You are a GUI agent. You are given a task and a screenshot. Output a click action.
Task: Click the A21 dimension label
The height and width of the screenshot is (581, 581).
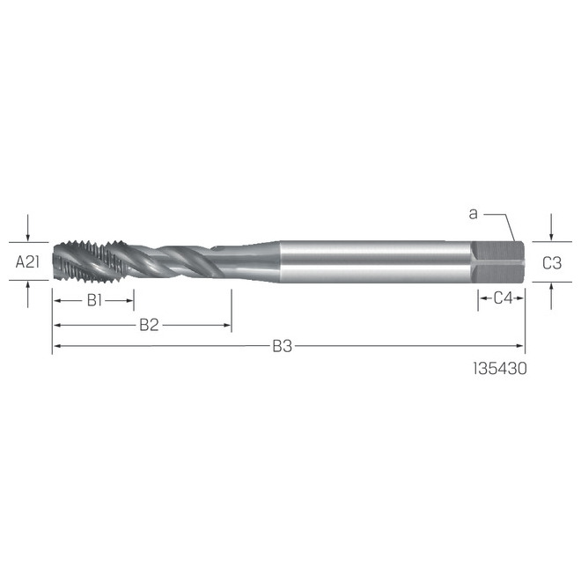(30, 261)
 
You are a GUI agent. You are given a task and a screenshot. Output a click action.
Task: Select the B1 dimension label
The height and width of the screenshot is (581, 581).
(95, 299)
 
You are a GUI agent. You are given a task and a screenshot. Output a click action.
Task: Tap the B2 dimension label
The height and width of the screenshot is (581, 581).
(149, 325)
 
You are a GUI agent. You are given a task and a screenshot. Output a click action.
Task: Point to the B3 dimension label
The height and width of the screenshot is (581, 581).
(281, 347)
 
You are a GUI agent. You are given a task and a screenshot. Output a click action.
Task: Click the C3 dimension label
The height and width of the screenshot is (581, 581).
(551, 261)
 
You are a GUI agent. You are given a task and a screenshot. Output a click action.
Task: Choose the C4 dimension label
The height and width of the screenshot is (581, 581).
(503, 298)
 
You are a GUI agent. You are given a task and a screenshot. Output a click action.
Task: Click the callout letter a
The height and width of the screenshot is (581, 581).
(473, 213)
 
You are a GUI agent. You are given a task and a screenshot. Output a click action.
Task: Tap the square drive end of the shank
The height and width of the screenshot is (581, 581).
(498, 261)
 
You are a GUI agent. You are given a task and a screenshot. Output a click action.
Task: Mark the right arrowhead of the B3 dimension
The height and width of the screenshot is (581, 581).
(521, 347)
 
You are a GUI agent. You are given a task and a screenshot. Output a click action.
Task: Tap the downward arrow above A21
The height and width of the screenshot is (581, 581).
(30, 236)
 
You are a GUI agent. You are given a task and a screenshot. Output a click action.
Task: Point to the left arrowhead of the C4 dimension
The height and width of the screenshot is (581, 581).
(482, 298)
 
